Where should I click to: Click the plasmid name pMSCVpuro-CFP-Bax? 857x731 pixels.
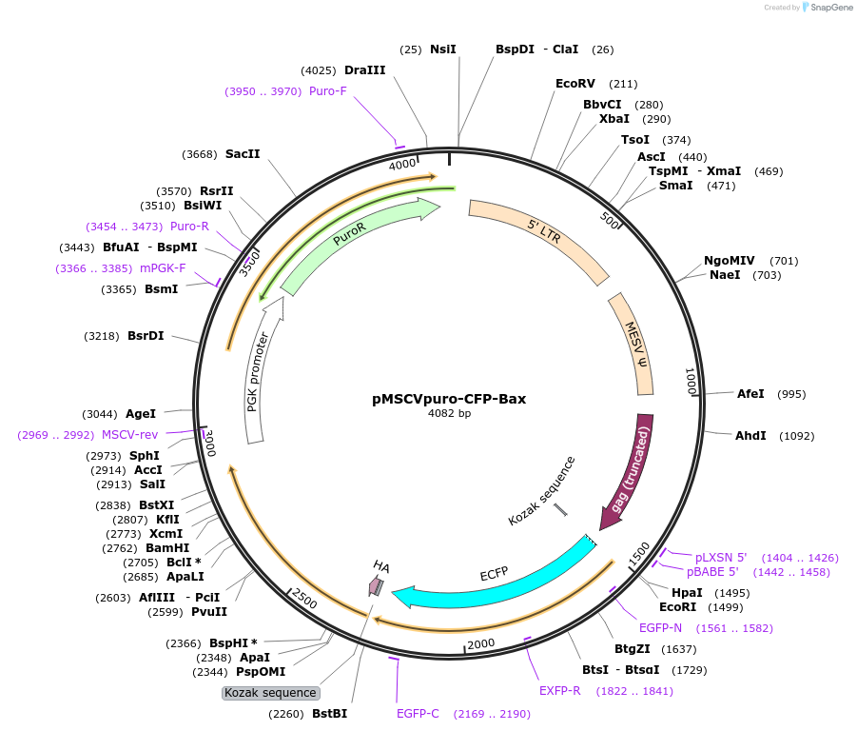[449, 399]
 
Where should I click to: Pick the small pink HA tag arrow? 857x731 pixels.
[378, 585]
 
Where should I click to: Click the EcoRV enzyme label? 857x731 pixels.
[575, 84]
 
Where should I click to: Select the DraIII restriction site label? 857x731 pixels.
[364, 70]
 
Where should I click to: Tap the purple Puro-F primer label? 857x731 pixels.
[327, 91]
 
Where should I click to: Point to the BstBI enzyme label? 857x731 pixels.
[329, 714]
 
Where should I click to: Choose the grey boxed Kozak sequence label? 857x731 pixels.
[270, 693]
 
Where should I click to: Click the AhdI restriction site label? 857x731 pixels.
[750, 436]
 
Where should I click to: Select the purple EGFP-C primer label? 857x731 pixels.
[418, 714]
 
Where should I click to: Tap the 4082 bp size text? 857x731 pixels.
[449, 414]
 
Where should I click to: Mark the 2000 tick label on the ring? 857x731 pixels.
[481, 643]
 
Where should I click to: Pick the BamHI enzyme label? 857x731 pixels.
[167, 548]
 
